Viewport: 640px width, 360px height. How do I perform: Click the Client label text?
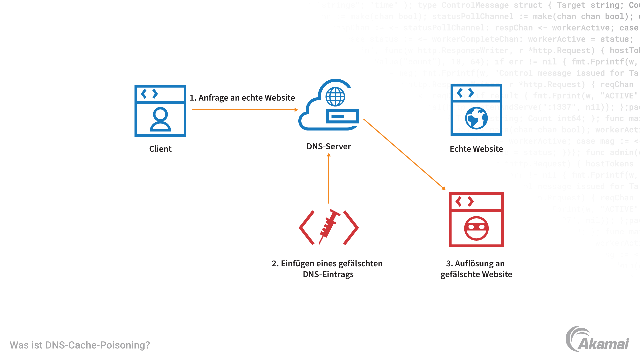click(x=160, y=149)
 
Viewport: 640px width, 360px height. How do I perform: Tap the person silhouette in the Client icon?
click(x=160, y=119)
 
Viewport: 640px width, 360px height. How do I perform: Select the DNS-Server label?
click(x=329, y=147)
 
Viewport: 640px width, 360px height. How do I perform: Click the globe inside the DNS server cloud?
click(x=335, y=97)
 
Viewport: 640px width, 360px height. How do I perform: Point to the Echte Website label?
click(x=476, y=149)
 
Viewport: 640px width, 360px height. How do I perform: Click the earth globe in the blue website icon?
click(x=476, y=118)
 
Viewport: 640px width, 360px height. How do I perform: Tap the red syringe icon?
click(x=329, y=226)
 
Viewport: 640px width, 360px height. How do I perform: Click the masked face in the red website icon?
click(x=476, y=228)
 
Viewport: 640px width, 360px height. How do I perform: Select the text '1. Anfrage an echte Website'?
click(x=242, y=98)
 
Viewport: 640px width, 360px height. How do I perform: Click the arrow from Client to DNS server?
click(x=245, y=110)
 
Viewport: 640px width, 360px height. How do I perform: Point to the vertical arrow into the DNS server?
click(x=329, y=178)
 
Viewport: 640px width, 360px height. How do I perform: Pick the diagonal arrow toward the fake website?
click(x=404, y=154)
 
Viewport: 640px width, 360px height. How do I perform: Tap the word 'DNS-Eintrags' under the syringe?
click(x=328, y=275)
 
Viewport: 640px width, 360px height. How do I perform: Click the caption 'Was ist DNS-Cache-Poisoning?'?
click(x=80, y=345)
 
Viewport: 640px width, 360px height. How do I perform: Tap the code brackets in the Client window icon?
click(x=149, y=94)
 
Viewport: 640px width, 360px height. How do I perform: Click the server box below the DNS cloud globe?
click(x=342, y=116)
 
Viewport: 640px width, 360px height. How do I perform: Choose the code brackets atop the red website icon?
click(x=465, y=201)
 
